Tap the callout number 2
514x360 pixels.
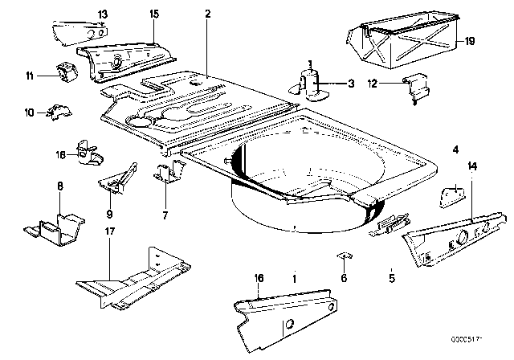click(x=207, y=14)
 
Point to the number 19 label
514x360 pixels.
click(x=470, y=39)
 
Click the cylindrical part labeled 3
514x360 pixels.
click(x=308, y=83)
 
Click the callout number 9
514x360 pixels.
click(x=109, y=215)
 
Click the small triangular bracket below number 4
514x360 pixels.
click(x=453, y=194)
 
